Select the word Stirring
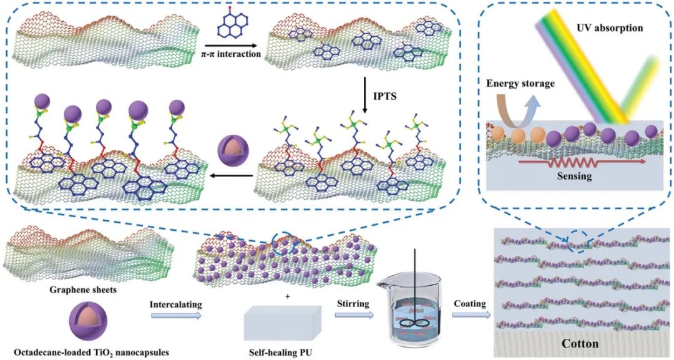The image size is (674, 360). click(353, 304)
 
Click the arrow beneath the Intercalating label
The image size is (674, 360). click(177, 316)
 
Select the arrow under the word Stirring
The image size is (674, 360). click(353, 316)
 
